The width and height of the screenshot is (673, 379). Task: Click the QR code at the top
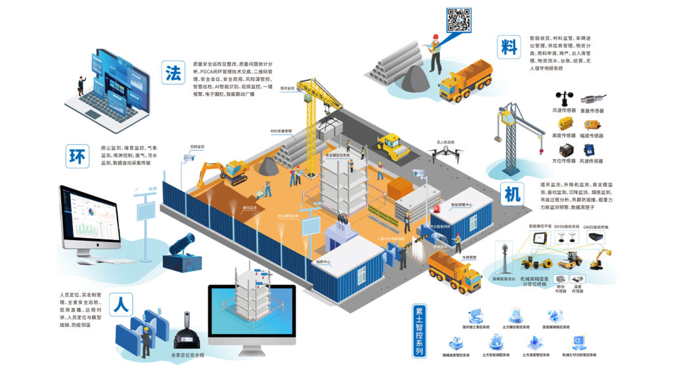click(459, 19)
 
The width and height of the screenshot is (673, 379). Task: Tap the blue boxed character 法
click(174, 73)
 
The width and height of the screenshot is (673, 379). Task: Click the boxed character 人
click(121, 305)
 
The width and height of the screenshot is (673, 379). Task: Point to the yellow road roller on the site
click(392, 147)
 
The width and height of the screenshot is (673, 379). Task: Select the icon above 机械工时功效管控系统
click(578, 342)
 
